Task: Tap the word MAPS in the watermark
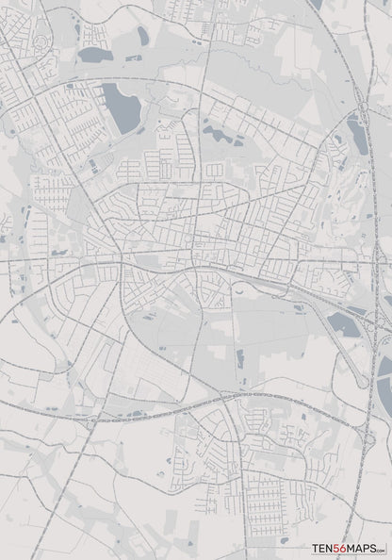(365, 548)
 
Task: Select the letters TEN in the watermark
(324, 548)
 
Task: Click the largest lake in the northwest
(120, 107)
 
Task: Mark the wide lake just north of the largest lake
(95, 55)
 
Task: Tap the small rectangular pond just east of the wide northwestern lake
(132, 58)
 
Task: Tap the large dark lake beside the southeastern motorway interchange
(343, 326)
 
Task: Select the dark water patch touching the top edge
(315, 4)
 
